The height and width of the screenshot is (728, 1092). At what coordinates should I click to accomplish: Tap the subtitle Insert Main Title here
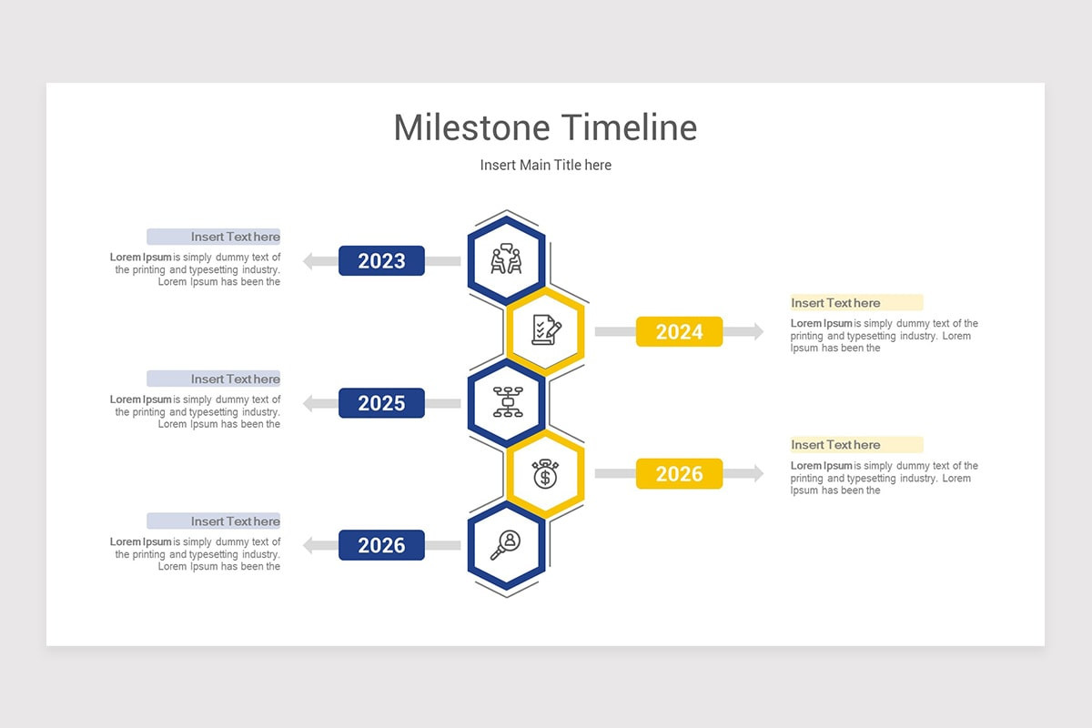[546, 165]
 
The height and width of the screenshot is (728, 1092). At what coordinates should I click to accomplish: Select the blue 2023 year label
[381, 261]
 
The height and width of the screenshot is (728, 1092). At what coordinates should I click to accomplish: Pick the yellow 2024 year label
[679, 332]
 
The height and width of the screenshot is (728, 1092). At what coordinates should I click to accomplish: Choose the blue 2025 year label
[381, 403]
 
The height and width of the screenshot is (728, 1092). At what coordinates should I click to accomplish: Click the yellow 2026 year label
[679, 474]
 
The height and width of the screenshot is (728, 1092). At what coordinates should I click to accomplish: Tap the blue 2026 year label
[381, 545]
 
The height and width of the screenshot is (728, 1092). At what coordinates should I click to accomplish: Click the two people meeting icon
[507, 260]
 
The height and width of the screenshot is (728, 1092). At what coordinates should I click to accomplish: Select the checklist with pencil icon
[545, 331]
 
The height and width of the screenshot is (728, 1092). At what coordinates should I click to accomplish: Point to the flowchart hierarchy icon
[507, 402]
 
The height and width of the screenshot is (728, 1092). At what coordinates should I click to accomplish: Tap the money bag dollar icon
[545, 473]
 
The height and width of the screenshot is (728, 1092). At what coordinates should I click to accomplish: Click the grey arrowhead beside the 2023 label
[308, 261]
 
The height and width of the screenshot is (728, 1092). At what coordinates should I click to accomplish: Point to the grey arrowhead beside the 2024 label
[756, 332]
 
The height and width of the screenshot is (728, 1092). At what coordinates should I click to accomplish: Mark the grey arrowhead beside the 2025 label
[308, 403]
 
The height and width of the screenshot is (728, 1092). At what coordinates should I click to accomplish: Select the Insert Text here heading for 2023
[235, 237]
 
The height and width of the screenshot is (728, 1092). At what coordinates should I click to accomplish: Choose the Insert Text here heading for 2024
[835, 303]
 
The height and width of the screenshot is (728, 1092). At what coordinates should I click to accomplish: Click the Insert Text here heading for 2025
[235, 379]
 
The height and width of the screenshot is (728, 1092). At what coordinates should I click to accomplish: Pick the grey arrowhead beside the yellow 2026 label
[756, 474]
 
